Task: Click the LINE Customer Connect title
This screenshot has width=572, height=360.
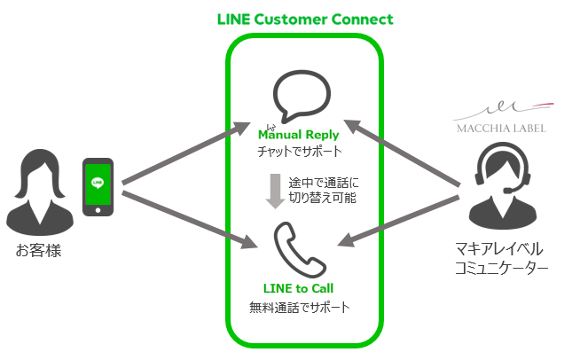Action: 305,19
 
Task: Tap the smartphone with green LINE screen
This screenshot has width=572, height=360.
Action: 98,188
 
